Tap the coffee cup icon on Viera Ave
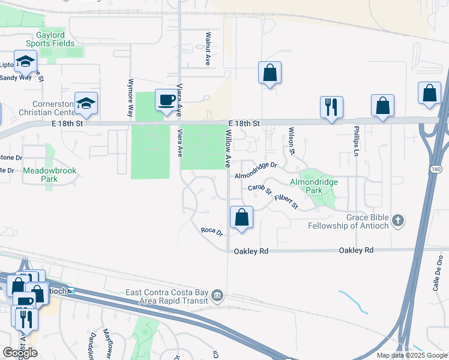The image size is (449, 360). click(x=166, y=100)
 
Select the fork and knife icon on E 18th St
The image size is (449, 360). click(x=331, y=107)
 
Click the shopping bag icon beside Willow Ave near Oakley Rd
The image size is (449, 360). click(x=241, y=217)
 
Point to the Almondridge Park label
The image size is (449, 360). click(x=314, y=186)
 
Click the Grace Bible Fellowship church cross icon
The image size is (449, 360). click(x=397, y=221)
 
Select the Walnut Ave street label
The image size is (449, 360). click(x=207, y=49)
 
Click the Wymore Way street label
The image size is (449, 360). click(x=130, y=97)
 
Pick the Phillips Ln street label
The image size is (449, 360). click(x=356, y=142)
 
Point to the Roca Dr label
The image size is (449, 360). click(x=212, y=231)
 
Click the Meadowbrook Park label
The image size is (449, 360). click(x=50, y=175)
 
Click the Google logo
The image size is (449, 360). click(x=20, y=353)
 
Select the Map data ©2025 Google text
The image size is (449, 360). click(x=412, y=355)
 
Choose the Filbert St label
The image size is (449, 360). click(x=286, y=201)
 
